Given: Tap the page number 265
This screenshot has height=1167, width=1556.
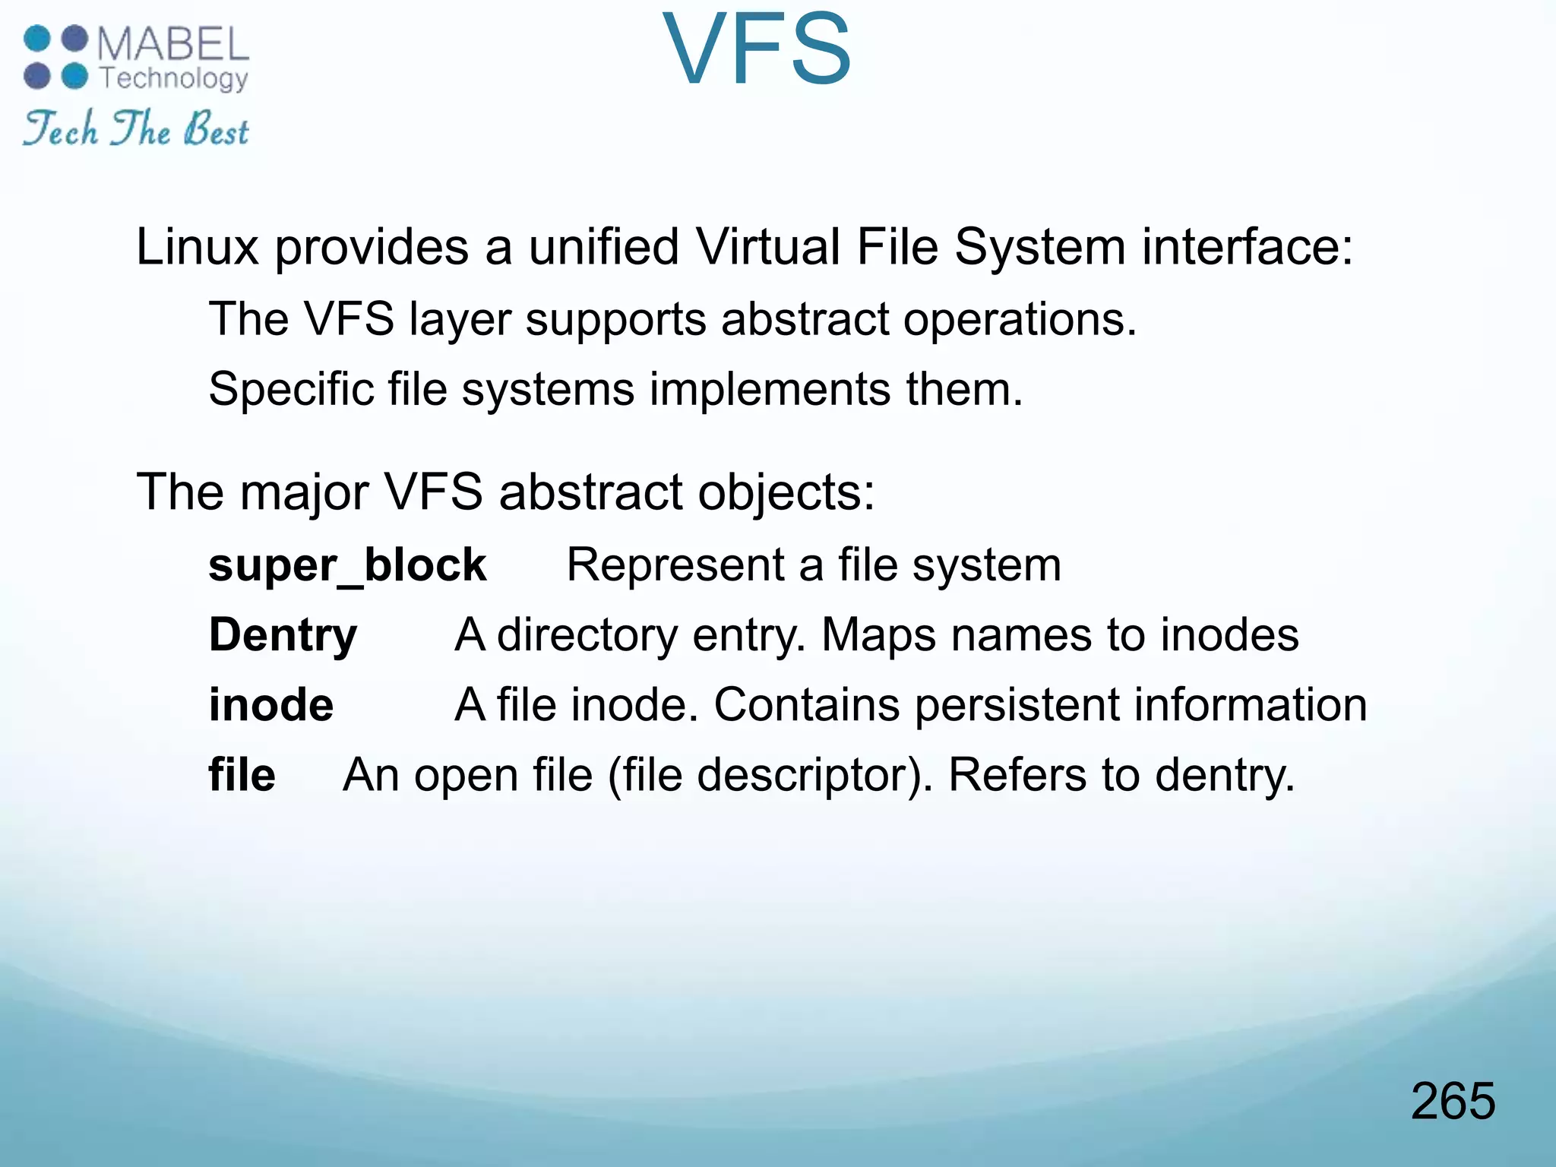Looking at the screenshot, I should coord(1453,1101).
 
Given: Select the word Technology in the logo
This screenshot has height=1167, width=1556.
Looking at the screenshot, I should coord(174,78).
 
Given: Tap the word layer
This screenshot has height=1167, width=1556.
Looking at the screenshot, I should coord(460,319).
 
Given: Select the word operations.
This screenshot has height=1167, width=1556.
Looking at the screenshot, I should coord(1020,319).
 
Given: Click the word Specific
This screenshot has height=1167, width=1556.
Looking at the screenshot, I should coord(290,389).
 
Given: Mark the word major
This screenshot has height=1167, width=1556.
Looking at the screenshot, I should coord(305,492).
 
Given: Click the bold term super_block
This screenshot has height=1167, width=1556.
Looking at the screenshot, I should coord(347,565).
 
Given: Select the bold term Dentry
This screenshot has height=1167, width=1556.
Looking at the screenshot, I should coord(283,635).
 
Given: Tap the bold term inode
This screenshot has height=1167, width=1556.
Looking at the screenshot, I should coord(271,705).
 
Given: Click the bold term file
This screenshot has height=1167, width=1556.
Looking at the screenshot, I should coord(242,775).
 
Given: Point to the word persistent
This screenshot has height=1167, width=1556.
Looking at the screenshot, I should coord(1017,705).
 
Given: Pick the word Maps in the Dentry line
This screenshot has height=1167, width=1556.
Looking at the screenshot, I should coord(878,635).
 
